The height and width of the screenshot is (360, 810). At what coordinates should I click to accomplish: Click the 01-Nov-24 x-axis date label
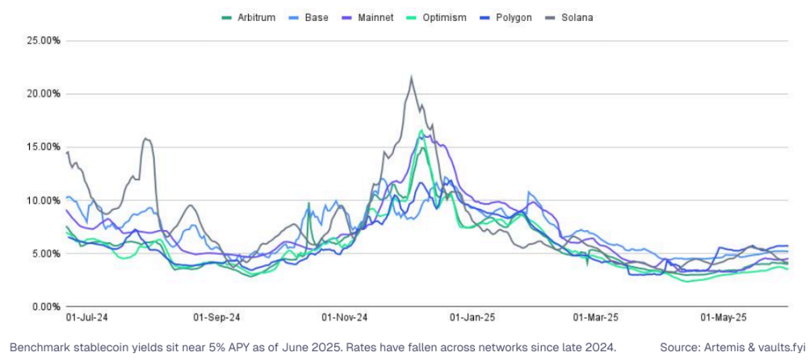click(345, 319)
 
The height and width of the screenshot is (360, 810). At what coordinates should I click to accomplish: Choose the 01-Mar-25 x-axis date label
click(596, 319)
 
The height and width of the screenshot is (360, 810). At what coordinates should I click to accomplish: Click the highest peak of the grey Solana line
click(412, 77)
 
